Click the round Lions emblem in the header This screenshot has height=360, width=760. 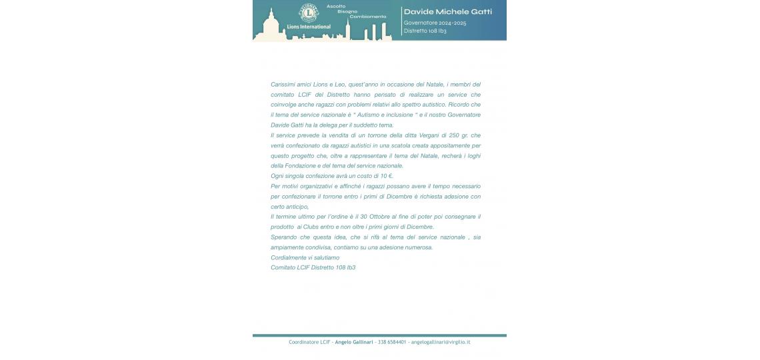tap(308, 13)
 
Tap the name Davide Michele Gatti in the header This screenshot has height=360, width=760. tap(447, 11)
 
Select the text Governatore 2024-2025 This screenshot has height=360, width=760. tap(435, 23)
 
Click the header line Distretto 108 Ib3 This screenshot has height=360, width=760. tap(425, 31)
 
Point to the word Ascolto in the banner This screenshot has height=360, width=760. tap(335, 6)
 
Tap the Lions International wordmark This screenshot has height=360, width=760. tap(308, 27)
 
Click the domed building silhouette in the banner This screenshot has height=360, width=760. tap(271, 27)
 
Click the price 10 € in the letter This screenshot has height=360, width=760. tap(387, 176)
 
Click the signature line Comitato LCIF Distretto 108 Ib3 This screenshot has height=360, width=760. tap(313, 267)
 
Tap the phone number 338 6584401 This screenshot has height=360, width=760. tap(392, 342)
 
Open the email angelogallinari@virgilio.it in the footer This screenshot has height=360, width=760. tap(441, 342)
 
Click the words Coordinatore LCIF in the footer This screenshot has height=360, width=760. tap(310, 342)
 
